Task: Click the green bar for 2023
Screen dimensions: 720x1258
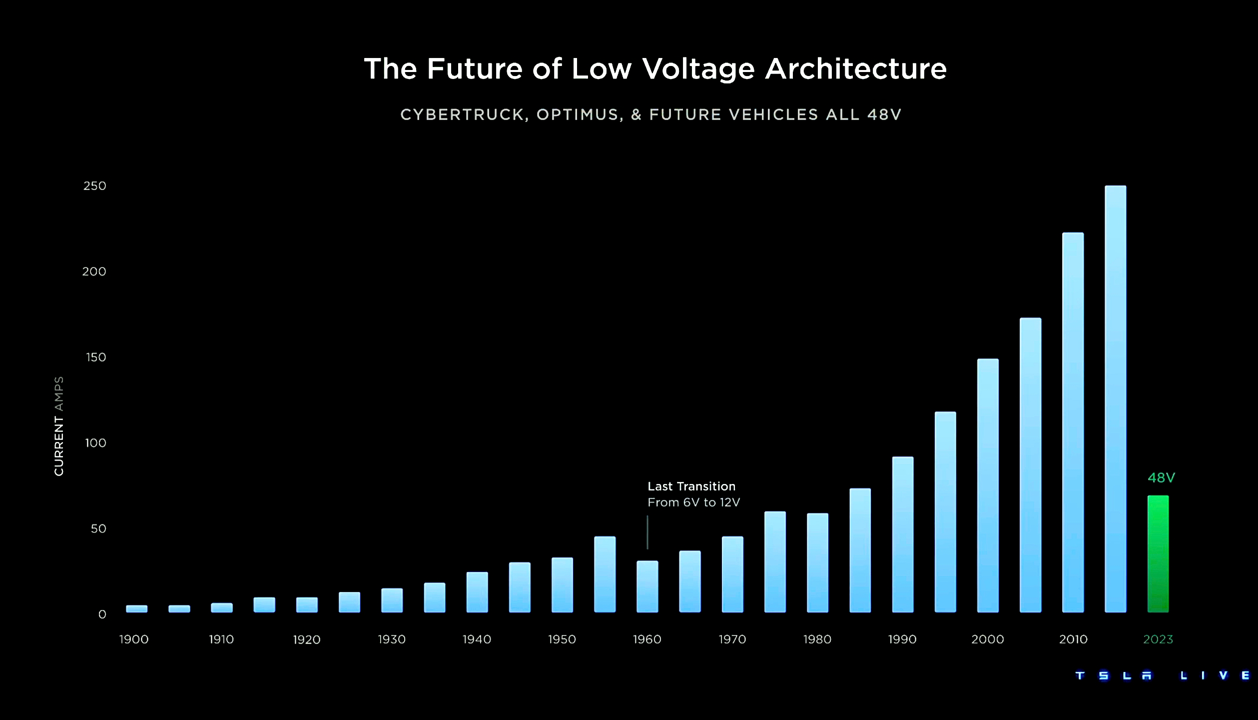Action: [1158, 554]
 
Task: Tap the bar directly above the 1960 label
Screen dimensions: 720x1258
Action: [647, 586]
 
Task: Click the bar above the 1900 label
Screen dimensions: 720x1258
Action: [136, 608]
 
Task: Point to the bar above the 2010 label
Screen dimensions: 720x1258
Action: [1073, 422]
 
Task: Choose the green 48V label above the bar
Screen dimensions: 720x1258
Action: [1161, 477]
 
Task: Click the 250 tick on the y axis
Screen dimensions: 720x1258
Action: [94, 186]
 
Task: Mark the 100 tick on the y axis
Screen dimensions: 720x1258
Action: [95, 443]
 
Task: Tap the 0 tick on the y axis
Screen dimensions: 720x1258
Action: [102, 614]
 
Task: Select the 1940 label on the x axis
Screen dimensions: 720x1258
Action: [477, 639]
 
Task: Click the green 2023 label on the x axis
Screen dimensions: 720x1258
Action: [1158, 639]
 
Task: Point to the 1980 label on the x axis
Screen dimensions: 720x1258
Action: [817, 639]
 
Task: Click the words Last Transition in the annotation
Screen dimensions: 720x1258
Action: [691, 486]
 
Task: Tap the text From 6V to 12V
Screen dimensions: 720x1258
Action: [693, 502]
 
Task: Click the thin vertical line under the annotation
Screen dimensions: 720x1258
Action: [647, 532]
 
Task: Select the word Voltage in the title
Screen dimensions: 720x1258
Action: [698, 69]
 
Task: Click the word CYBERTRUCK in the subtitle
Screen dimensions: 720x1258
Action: [462, 115]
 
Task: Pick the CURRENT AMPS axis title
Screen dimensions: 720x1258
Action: [59, 426]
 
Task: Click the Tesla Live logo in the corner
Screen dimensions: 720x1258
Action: [1162, 675]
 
